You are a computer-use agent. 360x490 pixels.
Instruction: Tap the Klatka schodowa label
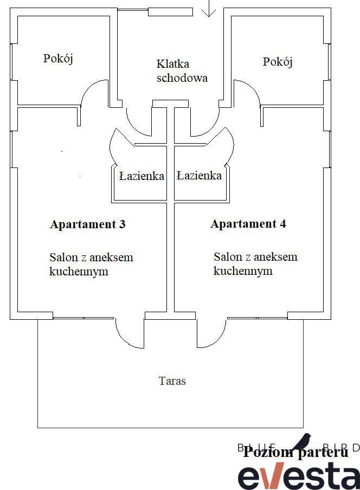pos(182,70)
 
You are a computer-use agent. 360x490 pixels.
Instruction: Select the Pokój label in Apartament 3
pos(58,59)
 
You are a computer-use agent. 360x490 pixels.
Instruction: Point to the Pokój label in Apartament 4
pos(278,62)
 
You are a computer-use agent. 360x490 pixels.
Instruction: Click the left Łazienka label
pos(142,176)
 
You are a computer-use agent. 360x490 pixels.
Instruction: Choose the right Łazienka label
pos(199,176)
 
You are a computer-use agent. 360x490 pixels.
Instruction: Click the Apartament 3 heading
pos(88,224)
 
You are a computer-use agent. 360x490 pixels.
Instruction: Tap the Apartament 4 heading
pos(248,224)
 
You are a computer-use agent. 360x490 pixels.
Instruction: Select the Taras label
pos(172,381)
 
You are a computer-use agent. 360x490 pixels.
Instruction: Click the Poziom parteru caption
pos(295,452)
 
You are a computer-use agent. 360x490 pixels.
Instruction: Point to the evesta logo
pos(299,476)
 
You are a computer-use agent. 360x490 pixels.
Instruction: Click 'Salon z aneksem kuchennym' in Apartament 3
pos(91,264)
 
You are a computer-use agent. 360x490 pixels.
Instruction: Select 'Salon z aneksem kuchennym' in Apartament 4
pos(255,263)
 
